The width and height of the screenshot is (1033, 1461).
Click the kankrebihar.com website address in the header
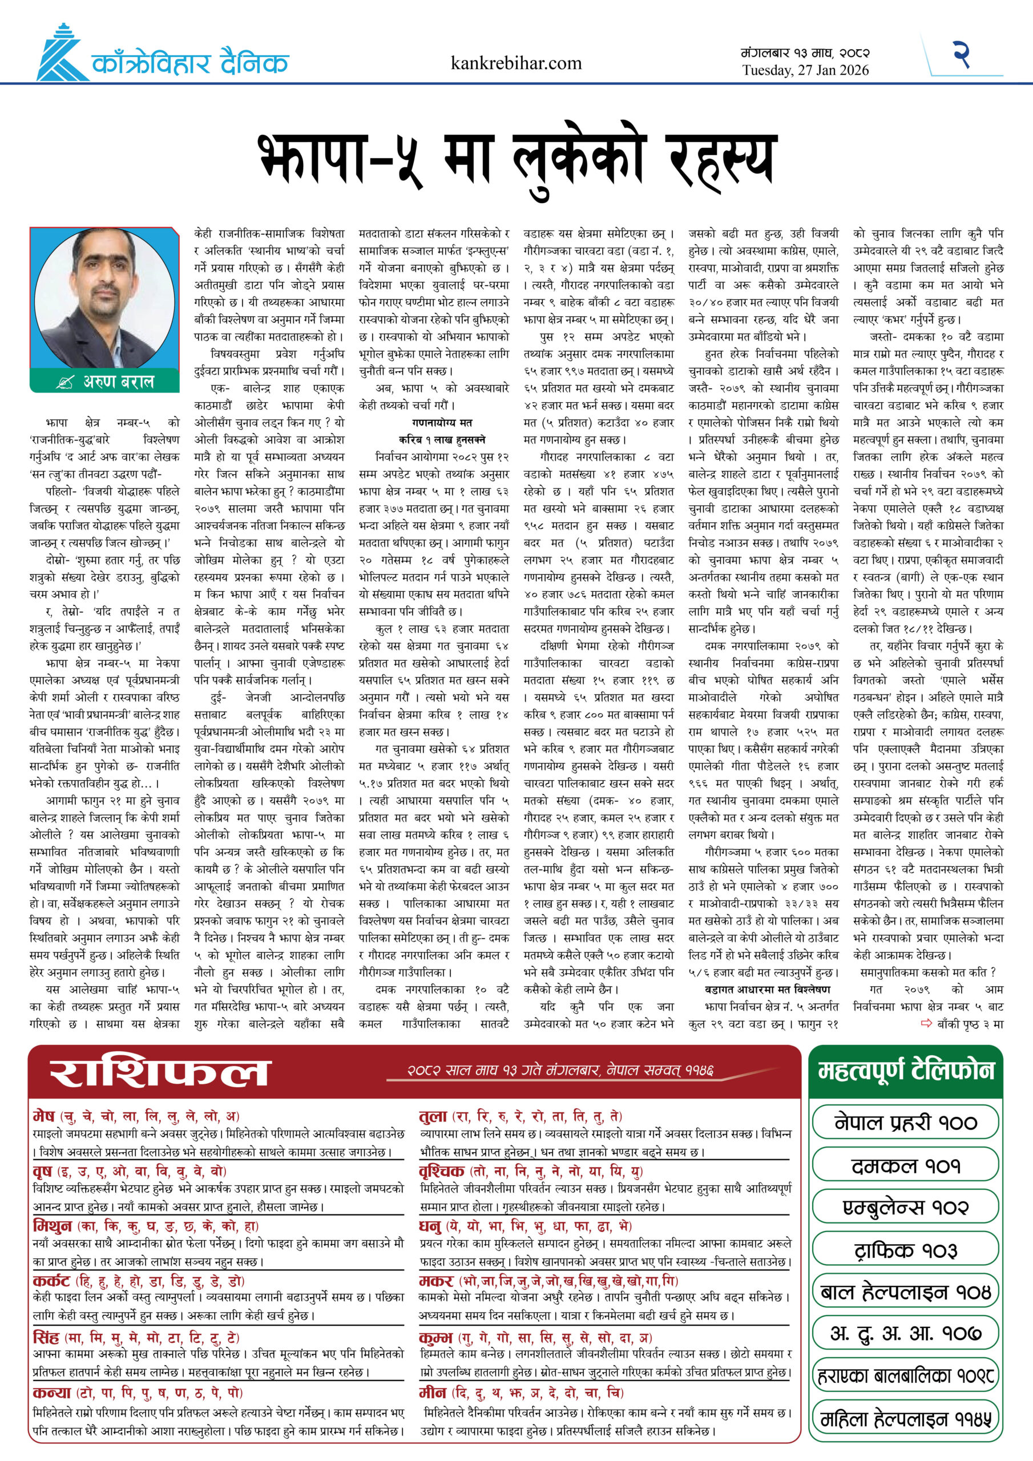[x=515, y=63]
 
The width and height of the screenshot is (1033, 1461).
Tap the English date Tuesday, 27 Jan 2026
[x=805, y=71]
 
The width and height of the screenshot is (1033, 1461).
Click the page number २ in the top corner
[x=961, y=54]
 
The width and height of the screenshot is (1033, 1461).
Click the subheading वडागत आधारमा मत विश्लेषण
[x=768, y=990]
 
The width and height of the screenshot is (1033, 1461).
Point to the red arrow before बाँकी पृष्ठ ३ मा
[x=927, y=1024]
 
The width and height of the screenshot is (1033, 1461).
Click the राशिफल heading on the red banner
[x=160, y=1072]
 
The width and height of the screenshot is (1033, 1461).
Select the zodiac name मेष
[x=44, y=1116]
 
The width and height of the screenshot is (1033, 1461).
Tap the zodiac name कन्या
[x=51, y=1393]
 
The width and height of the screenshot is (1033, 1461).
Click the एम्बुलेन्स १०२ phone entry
[x=905, y=1207]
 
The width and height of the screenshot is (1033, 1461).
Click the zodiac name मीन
[x=432, y=1393]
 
